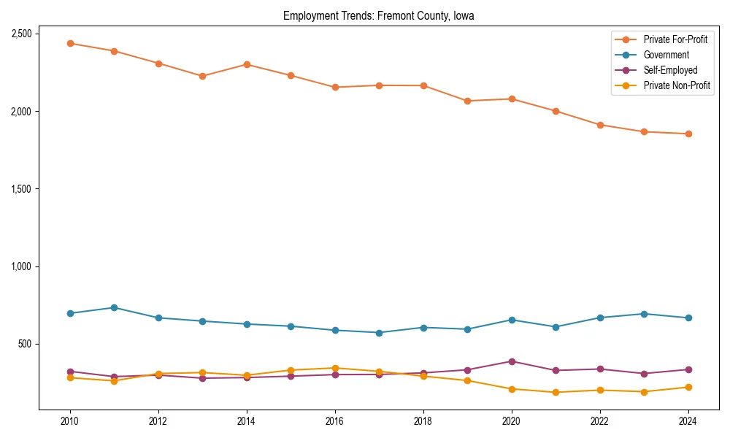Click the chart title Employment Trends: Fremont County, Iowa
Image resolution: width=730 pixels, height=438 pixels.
(378, 16)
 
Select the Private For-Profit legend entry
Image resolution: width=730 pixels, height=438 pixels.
(675, 39)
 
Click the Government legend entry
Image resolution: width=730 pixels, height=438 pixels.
(666, 55)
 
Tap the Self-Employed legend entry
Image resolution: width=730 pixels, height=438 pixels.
(670, 70)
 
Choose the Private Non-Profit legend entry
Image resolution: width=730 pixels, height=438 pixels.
(677, 85)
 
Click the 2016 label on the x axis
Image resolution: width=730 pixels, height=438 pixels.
(335, 421)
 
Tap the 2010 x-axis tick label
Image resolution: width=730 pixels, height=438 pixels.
(70, 421)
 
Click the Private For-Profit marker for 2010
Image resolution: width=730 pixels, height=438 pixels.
(70, 43)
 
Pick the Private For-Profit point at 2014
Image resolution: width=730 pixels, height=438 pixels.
(247, 64)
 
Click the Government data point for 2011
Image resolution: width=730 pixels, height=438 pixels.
(114, 307)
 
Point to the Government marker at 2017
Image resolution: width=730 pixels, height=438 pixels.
(379, 333)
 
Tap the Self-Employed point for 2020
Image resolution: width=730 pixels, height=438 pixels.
(512, 361)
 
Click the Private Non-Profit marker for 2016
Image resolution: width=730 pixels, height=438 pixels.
(335, 368)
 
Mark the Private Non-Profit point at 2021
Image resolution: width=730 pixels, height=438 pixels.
(556, 392)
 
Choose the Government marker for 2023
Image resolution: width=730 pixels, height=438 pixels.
(644, 314)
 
